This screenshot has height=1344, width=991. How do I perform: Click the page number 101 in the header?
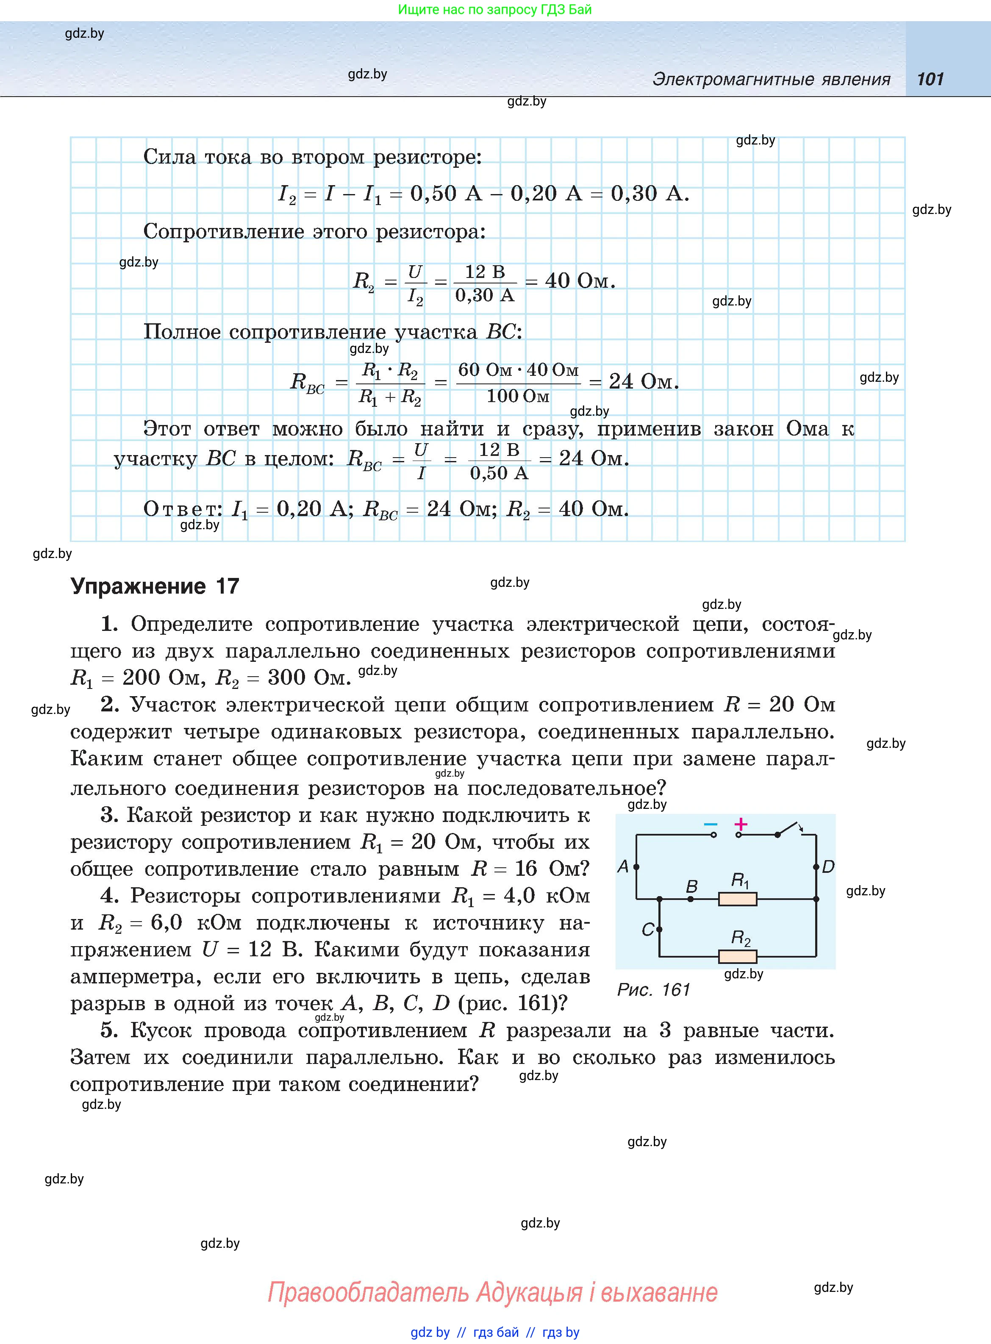[x=930, y=79]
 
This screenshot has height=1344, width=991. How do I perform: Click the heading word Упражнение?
[x=138, y=586]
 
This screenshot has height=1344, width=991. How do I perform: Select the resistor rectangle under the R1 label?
[x=737, y=899]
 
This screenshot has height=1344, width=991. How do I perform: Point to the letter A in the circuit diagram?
[x=623, y=866]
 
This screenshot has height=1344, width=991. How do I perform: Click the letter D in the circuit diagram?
[x=828, y=866]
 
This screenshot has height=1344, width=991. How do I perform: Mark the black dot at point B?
[x=691, y=899]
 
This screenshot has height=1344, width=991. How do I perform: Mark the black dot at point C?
[x=659, y=930]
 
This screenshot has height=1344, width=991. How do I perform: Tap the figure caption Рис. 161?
[x=653, y=989]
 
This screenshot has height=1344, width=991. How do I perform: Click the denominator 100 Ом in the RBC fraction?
[x=518, y=396]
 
